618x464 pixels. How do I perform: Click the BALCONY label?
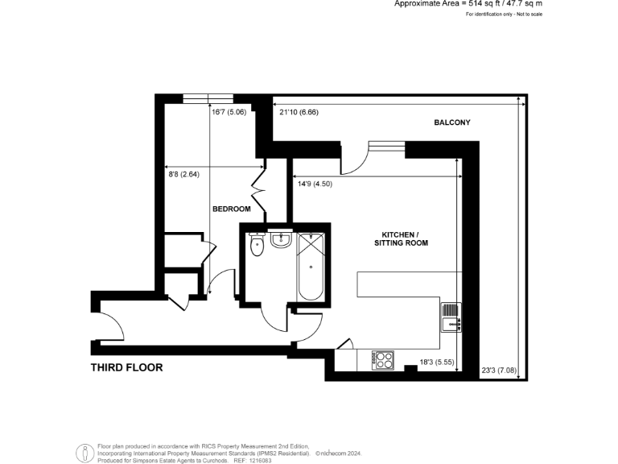(451, 122)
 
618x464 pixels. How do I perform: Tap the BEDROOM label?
(231, 209)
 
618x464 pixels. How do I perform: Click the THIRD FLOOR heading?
(126, 367)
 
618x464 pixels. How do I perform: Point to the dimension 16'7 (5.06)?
(229, 112)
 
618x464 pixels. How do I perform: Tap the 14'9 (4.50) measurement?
(315, 184)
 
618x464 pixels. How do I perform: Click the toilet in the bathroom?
(257, 246)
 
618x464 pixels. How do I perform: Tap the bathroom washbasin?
(281, 239)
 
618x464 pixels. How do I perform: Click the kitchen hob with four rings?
(383, 360)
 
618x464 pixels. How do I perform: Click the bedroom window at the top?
(208, 99)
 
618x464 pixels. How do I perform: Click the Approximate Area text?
(463, 4)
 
